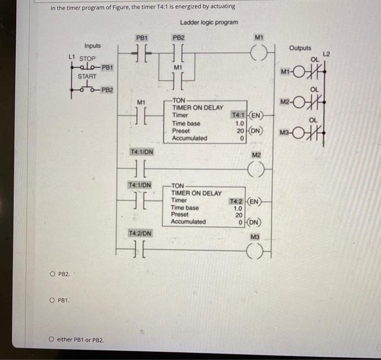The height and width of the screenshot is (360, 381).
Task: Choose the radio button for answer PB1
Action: (x=52, y=300)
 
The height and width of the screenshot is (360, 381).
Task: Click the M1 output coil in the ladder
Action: (x=259, y=53)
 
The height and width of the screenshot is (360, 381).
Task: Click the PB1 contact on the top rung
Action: (x=142, y=54)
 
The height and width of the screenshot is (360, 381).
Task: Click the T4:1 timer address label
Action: (x=238, y=115)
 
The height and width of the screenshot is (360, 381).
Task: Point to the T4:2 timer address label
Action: (x=238, y=201)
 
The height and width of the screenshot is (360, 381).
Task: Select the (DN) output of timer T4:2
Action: (x=253, y=222)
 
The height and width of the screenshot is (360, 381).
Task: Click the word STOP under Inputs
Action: (x=87, y=58)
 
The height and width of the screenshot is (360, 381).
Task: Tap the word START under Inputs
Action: (x=86, y=77)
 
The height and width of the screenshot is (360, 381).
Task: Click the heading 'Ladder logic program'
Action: (x=208, y=22)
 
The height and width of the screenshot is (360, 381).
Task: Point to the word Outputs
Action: (x=300, y=48)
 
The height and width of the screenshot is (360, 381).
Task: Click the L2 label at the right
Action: (x=327, y=53)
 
